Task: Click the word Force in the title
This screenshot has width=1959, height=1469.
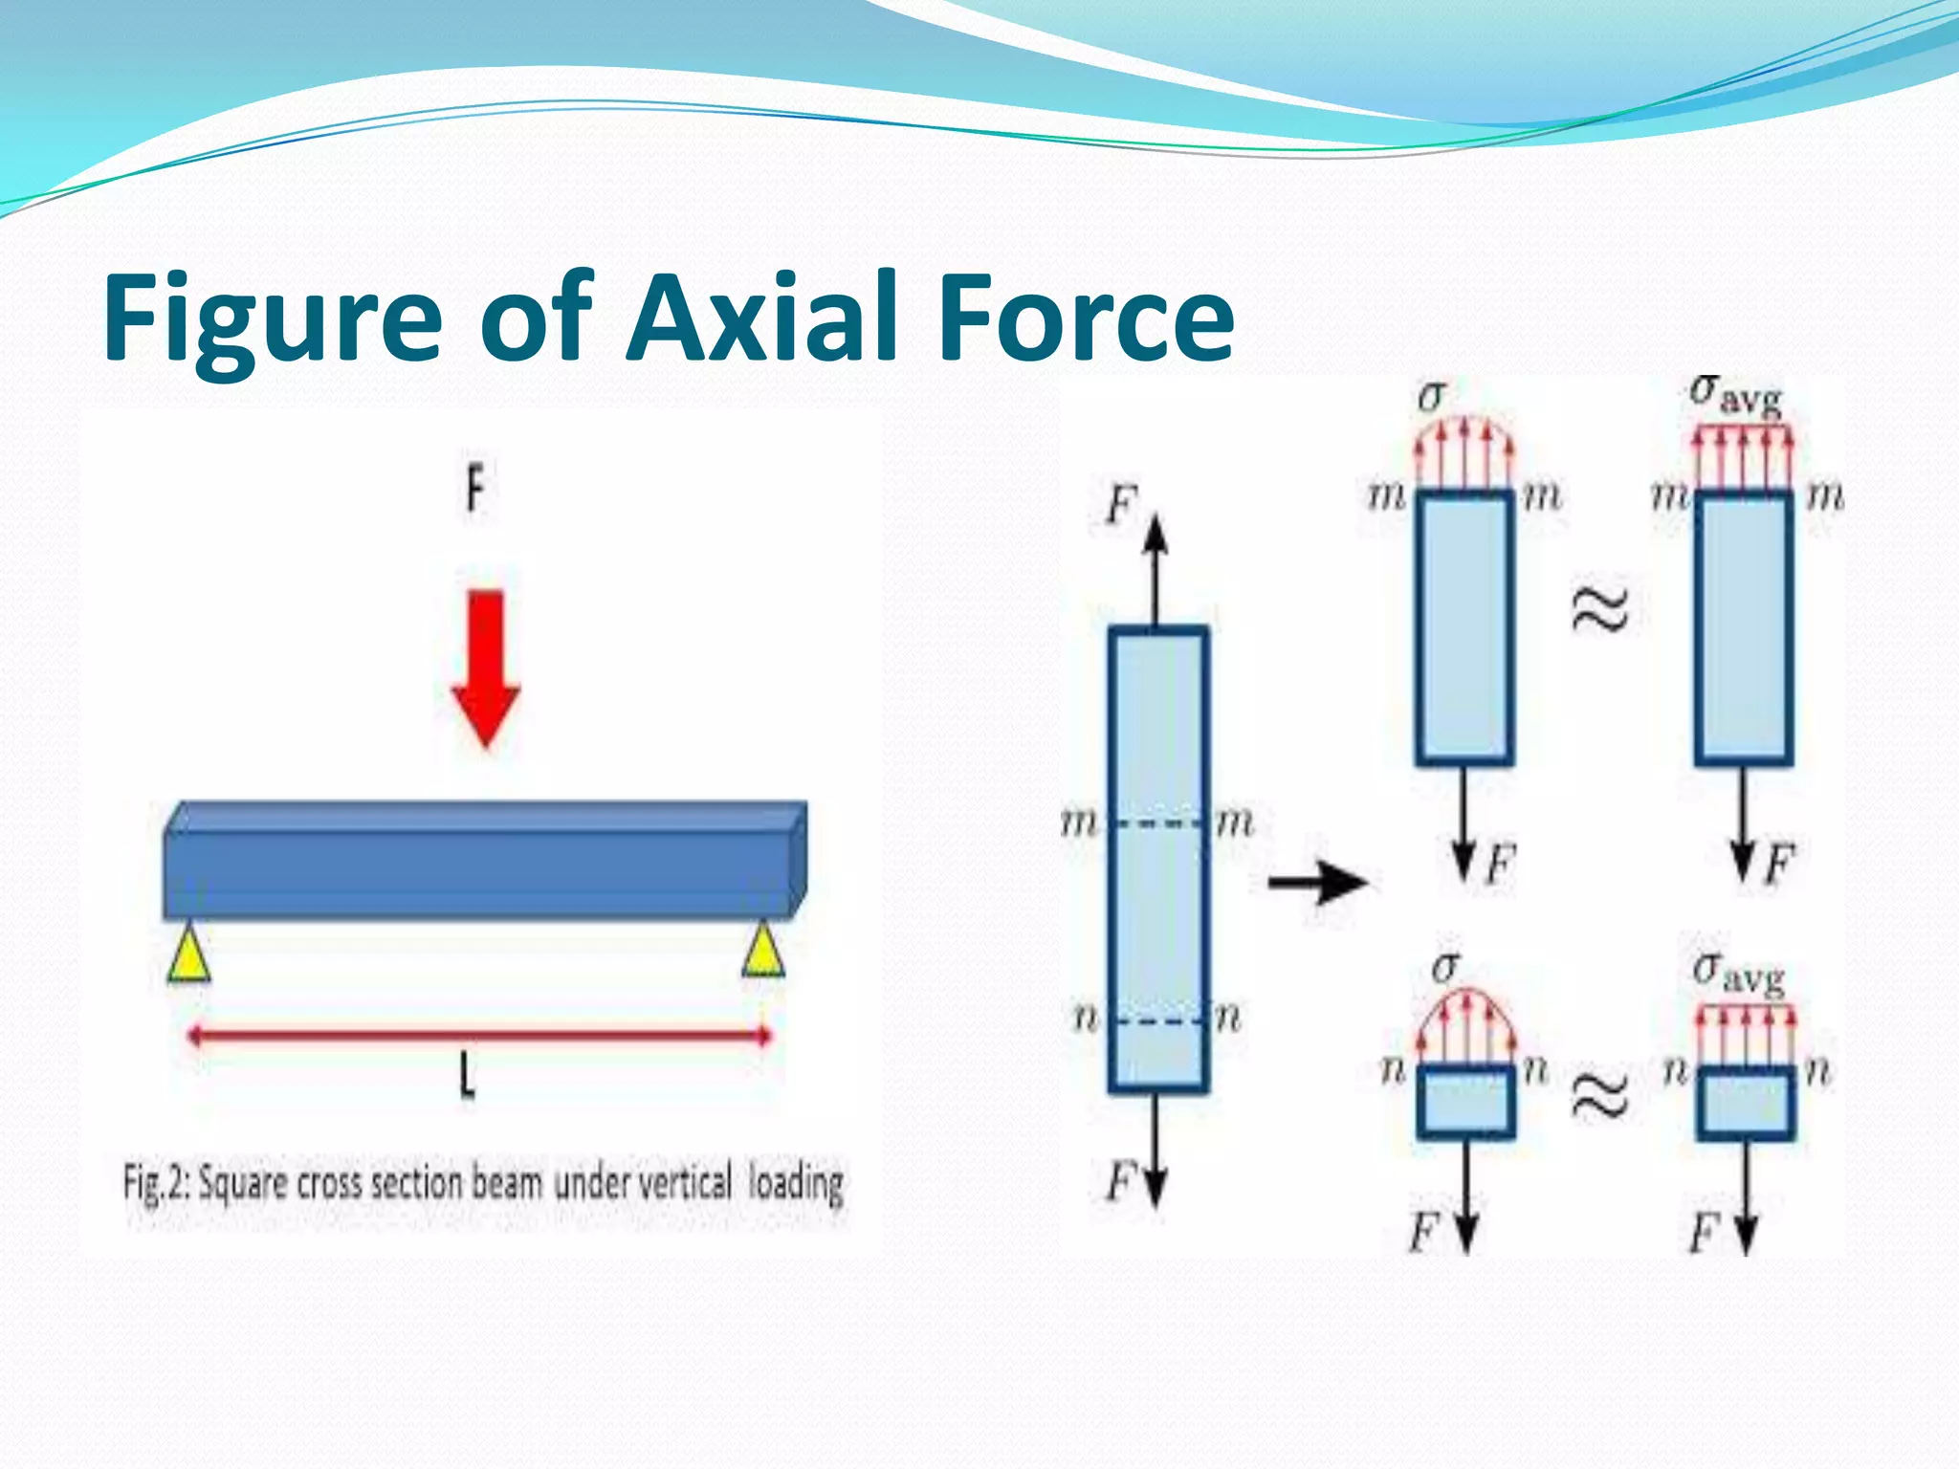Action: (x=1086, y=318)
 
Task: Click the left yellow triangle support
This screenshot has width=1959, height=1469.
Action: (x=188, y=953)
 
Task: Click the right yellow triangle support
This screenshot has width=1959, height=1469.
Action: (x=763, y=950)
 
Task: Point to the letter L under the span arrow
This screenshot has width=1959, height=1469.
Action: (x=467, y=1079)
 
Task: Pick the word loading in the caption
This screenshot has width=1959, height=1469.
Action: (x=796, y=1183)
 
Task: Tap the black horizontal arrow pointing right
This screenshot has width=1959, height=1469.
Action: (x=1317, y=881)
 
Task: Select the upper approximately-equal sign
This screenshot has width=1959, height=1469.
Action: (x=1599, y=609)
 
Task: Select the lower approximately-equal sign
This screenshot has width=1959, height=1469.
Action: (x=1599, y=1094)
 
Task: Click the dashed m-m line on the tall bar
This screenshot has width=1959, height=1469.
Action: (x=1158, y=823)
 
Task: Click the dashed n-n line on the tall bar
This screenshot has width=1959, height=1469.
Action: (x=1158, y=1021)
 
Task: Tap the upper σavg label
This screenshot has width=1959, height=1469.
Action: (x=1736, y=394)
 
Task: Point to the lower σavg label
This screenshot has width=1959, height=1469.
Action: (x=1738, y=975)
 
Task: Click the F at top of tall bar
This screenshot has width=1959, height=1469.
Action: (x=1121, y=504)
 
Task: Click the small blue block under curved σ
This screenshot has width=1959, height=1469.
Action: (x=1465, y=1102)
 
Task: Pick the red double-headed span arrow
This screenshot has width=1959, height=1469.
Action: (x=478, y=1036)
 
